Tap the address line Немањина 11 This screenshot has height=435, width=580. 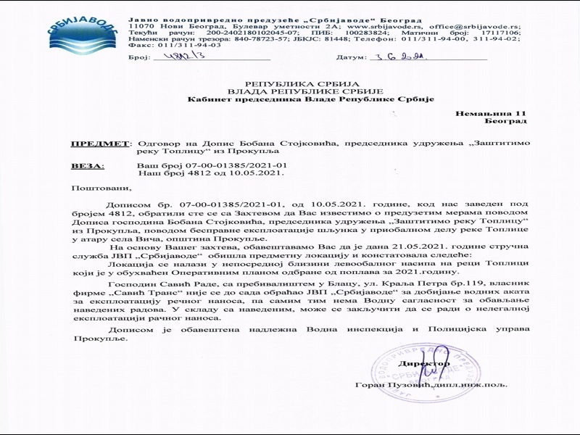pos(489,115)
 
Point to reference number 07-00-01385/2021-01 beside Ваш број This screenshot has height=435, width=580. pos(215,166)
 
